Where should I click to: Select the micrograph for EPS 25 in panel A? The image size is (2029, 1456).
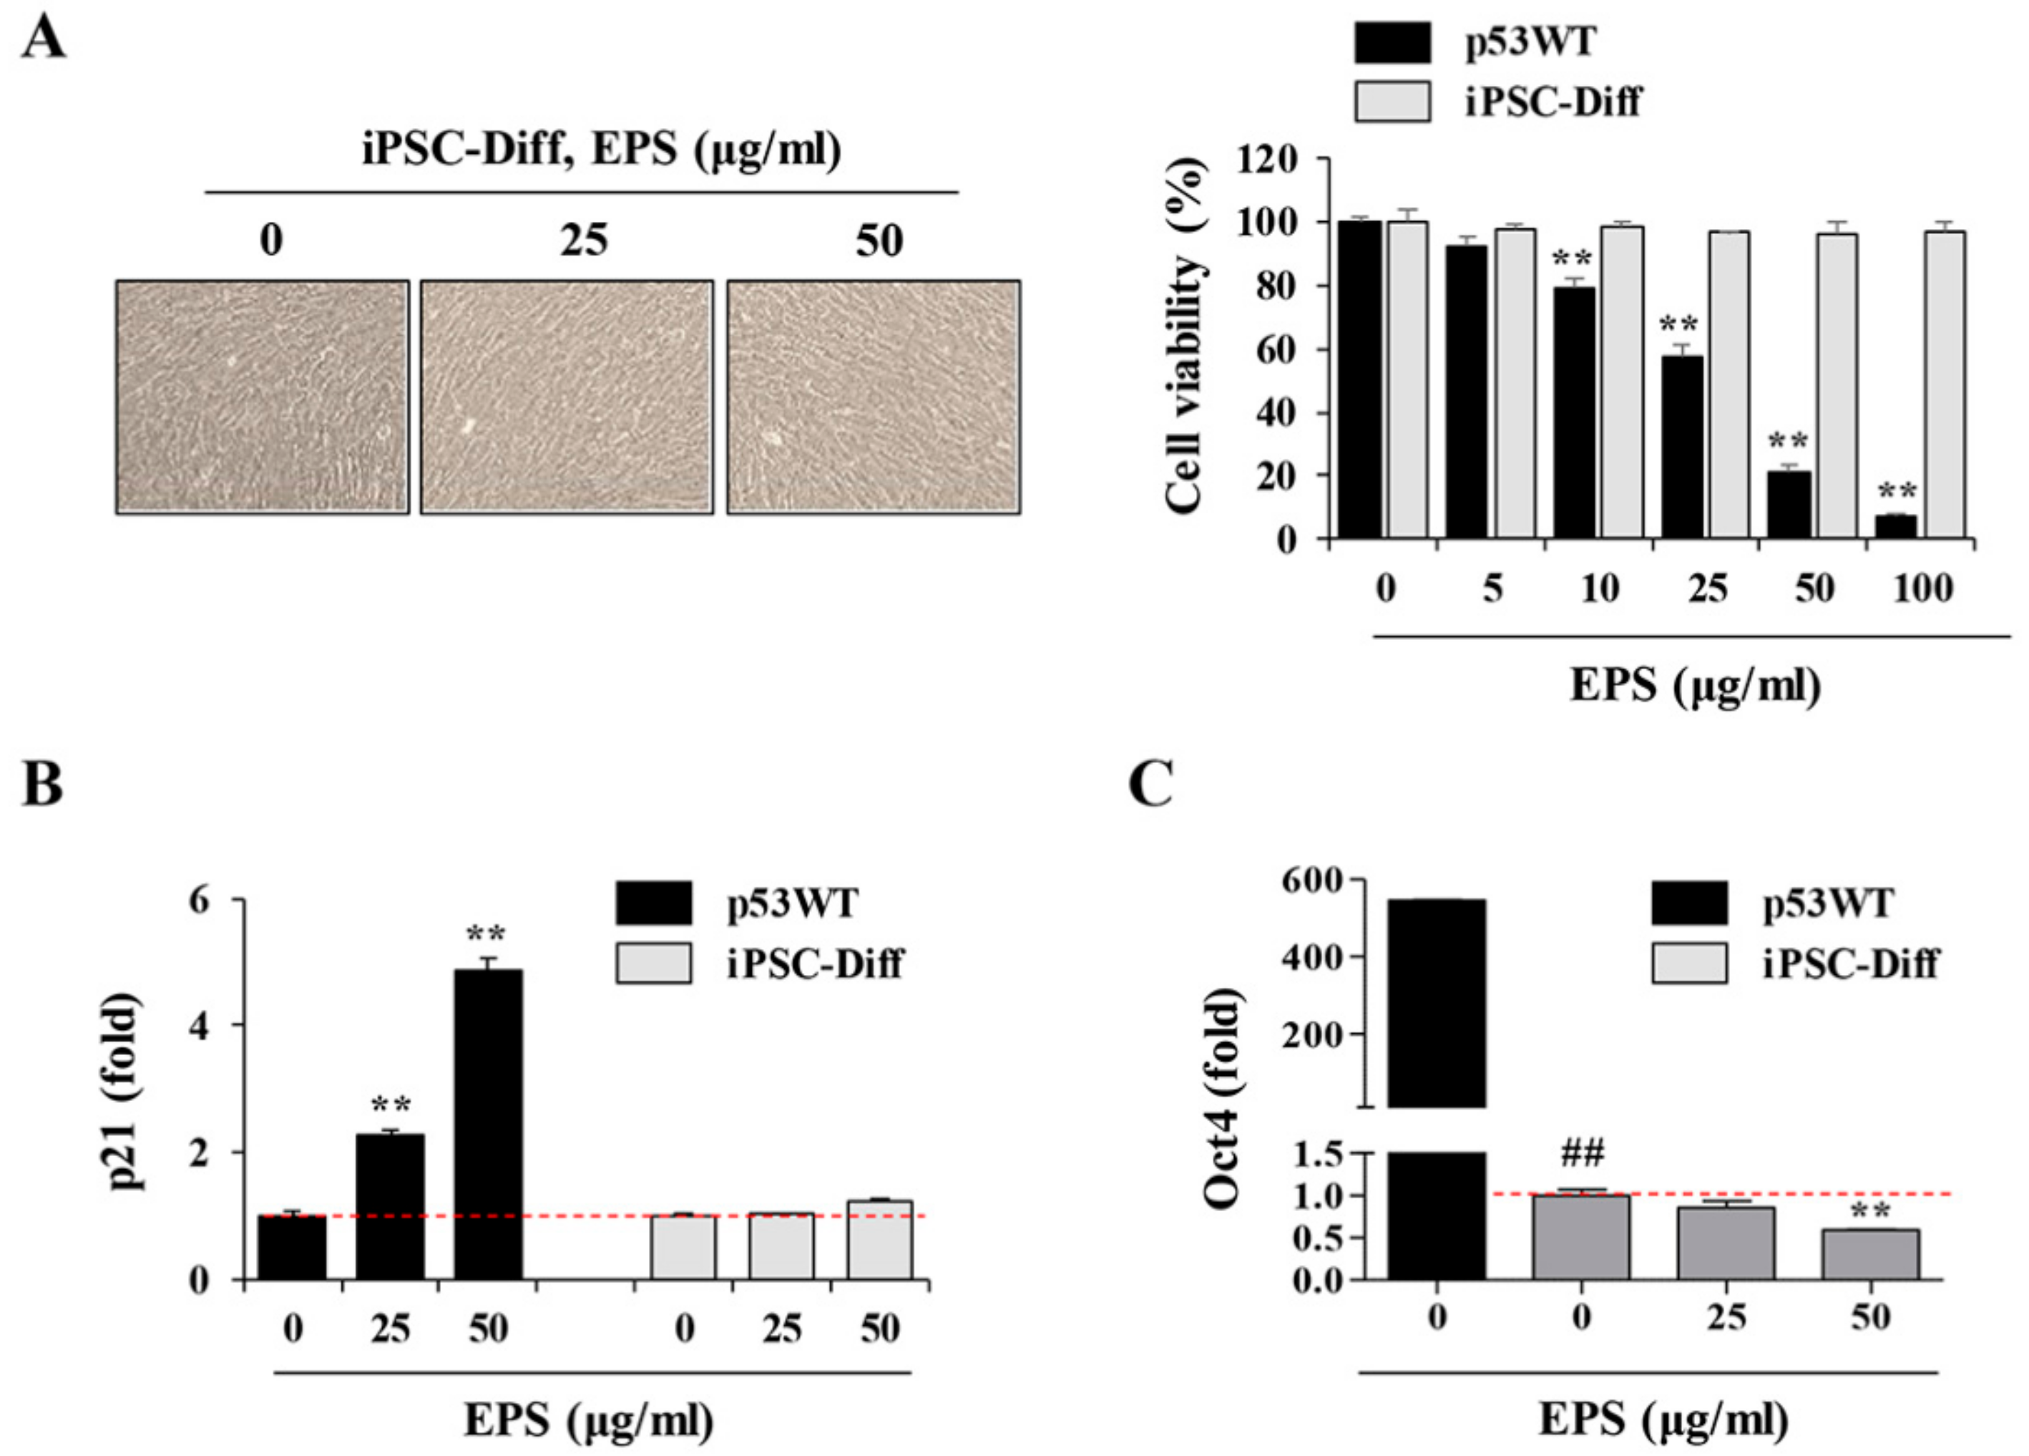pos(567,397)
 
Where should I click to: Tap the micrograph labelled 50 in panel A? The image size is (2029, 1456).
pos(873,397)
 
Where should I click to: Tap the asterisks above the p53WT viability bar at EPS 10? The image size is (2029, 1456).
pos(1572,261)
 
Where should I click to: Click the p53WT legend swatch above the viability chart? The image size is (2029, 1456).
pos(1392,42)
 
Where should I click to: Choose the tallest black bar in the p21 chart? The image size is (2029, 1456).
pos(489,1124)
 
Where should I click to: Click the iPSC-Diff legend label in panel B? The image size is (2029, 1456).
pos(814,964)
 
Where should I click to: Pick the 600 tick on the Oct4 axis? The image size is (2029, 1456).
pos(1311,880)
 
